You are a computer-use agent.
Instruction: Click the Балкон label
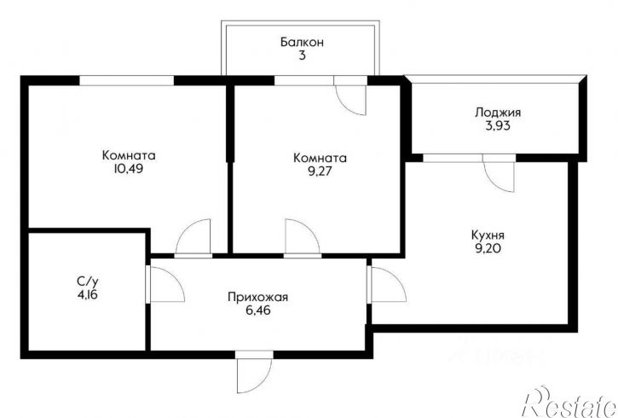tap(302, 42)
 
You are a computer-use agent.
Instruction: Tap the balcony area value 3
tap(302, 55)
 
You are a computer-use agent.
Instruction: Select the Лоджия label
tap(498, 113)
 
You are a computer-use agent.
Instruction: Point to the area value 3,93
tap(498, 125)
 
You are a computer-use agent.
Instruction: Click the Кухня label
tap(488, 235)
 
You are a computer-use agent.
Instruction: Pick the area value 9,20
tap(488, 248)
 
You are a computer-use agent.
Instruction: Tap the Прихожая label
tap(257, 297)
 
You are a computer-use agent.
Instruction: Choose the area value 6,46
tap(258, 311)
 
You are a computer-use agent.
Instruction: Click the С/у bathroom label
tap(88, 282)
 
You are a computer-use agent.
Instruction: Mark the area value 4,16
tap(88, 294)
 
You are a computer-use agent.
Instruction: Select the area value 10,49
tap(129, 168)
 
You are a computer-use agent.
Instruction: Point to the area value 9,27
tap(320, 171)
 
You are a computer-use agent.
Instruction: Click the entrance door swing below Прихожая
tap(254, 372)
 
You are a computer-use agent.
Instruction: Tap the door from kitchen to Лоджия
tap(499, 172)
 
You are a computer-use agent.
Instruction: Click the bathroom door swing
tap(165, 284)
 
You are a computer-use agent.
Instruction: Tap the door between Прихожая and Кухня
tap(387, 284)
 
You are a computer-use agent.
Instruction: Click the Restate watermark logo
tap(569, 403)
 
